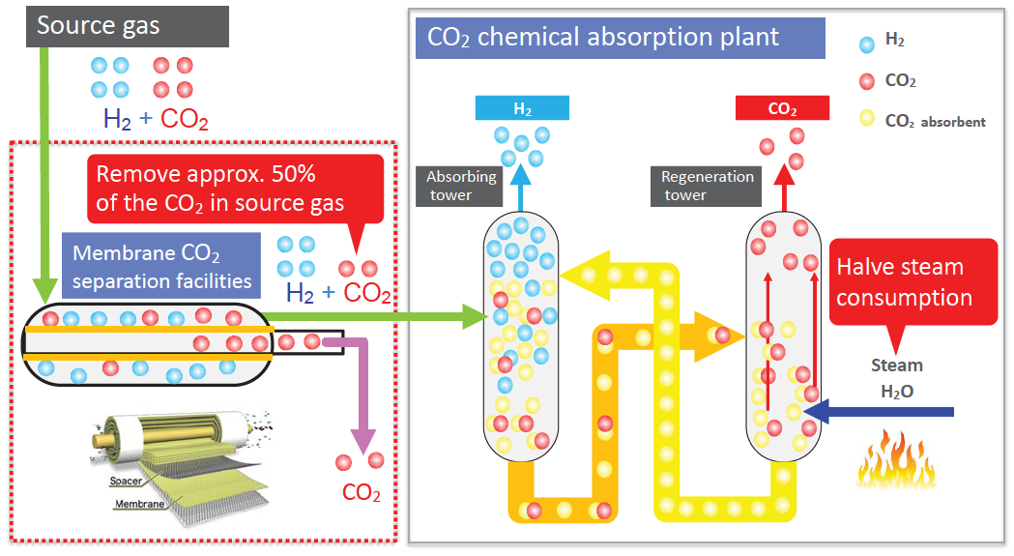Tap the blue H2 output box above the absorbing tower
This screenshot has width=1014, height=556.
tap(522, 108)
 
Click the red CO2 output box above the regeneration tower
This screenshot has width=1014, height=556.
tap(782, 108)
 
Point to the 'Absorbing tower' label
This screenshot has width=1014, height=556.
tap(462, 186)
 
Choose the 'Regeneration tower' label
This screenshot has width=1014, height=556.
tap(707, 186)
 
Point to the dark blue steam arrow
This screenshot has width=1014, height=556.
tap(880, 413)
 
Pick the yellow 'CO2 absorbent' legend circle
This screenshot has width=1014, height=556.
tap(867, 120)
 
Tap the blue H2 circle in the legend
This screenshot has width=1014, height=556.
tap(867, 43)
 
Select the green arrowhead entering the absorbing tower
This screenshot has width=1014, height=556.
tap(471, 316)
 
